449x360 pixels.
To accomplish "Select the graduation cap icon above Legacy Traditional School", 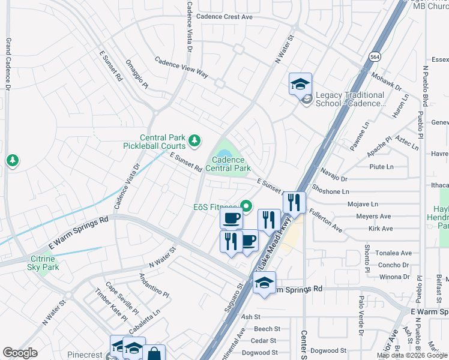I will (x=300, y=84).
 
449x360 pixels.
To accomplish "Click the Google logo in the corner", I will (x=20, y=353).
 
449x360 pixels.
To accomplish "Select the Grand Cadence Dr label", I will (x=8, y=65).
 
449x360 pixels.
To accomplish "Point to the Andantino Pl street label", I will (x=154, y=286).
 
